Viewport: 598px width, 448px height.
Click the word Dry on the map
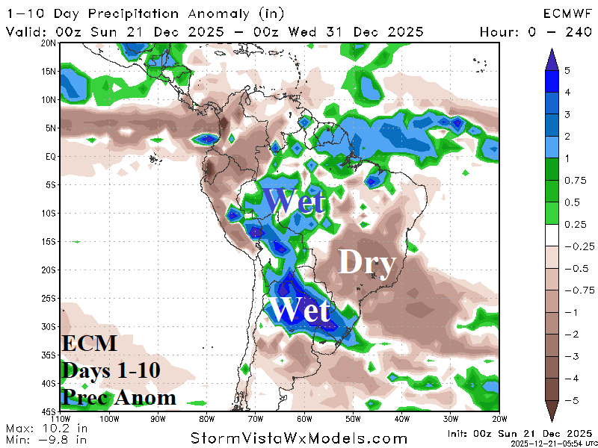click(366, 263)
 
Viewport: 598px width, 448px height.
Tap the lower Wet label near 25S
click(299, 309)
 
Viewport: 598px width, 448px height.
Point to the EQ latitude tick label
click(51, 156)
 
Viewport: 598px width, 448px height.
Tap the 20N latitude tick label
click(49, 43)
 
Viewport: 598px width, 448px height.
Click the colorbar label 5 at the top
click(567, 69)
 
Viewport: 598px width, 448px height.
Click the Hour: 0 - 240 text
click(534, 31)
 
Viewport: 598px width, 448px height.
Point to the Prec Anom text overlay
click(120, 396)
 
